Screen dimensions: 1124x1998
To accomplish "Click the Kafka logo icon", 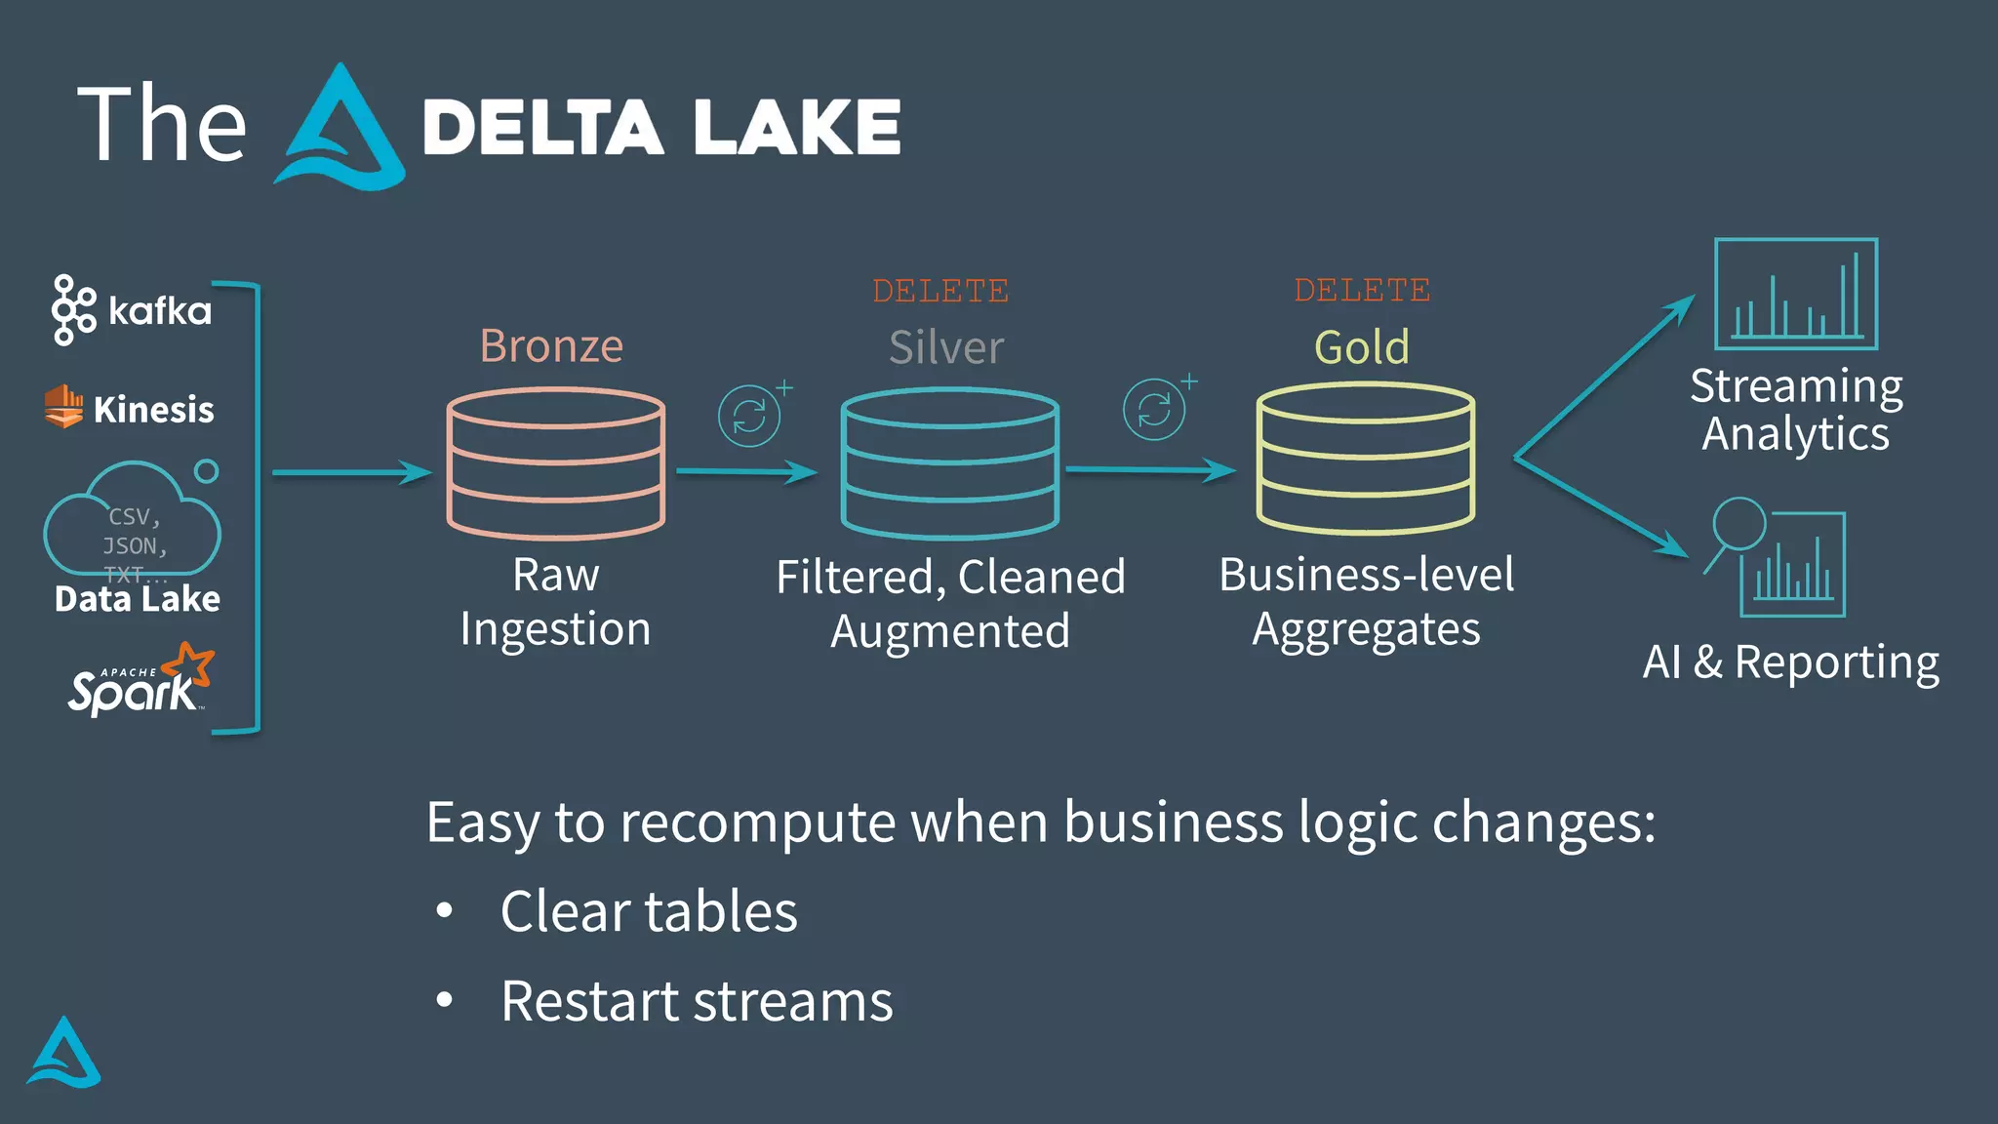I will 73,310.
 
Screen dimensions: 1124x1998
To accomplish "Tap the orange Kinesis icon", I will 63,406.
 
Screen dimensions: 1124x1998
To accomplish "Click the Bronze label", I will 551,346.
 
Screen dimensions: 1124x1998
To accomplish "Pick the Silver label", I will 945,347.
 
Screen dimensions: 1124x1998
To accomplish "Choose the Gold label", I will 1362,347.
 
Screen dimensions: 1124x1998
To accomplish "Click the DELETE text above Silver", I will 940,291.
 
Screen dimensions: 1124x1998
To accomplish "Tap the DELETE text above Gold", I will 1362,290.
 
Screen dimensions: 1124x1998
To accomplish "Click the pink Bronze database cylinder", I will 556,463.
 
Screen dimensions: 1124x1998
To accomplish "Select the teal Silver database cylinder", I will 950,463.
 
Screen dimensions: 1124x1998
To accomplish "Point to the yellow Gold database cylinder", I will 1366,459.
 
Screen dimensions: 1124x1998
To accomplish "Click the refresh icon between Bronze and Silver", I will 749,416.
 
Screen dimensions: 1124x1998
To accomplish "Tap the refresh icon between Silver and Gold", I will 1154,410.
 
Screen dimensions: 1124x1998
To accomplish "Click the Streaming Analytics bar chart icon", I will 1796,294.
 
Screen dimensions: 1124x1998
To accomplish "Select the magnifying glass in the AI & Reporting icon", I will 1738,525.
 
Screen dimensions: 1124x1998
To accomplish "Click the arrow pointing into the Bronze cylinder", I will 351,473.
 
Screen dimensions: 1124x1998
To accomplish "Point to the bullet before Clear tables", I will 445,911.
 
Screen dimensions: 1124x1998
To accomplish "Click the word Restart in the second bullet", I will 589,1002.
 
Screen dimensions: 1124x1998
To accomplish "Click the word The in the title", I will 162,124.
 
